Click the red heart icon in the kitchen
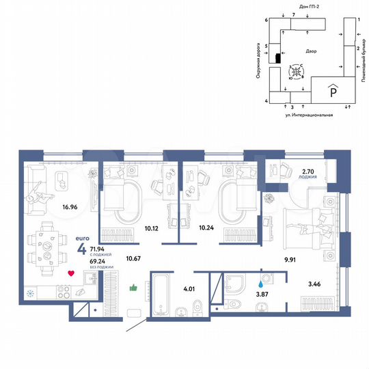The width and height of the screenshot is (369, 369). (70, 275)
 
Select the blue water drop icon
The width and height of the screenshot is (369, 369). (260, 280)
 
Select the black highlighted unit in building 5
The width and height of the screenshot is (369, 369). (278, 58)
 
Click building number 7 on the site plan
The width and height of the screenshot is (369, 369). (292, 14)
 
